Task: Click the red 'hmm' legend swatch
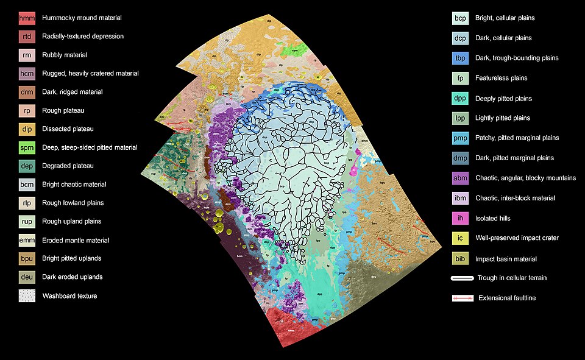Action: click(27, 18)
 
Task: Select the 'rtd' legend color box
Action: click(27, 37)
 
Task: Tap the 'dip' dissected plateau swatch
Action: click(27, 129)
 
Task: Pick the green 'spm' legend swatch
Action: click(27, 147)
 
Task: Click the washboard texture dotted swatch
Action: click(27, 296)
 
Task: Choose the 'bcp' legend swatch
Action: click(461, 18)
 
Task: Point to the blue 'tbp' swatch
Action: click(461, 58)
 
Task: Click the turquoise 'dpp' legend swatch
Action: click(461, 99)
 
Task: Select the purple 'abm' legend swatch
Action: click(461, 178)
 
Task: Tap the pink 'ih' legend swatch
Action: click(461, 218)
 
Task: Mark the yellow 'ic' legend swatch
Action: click(461, 238)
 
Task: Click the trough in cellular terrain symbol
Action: click(463, 278)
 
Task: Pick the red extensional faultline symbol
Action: click(463, 298)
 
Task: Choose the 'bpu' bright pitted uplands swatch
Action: click(27, 259)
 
